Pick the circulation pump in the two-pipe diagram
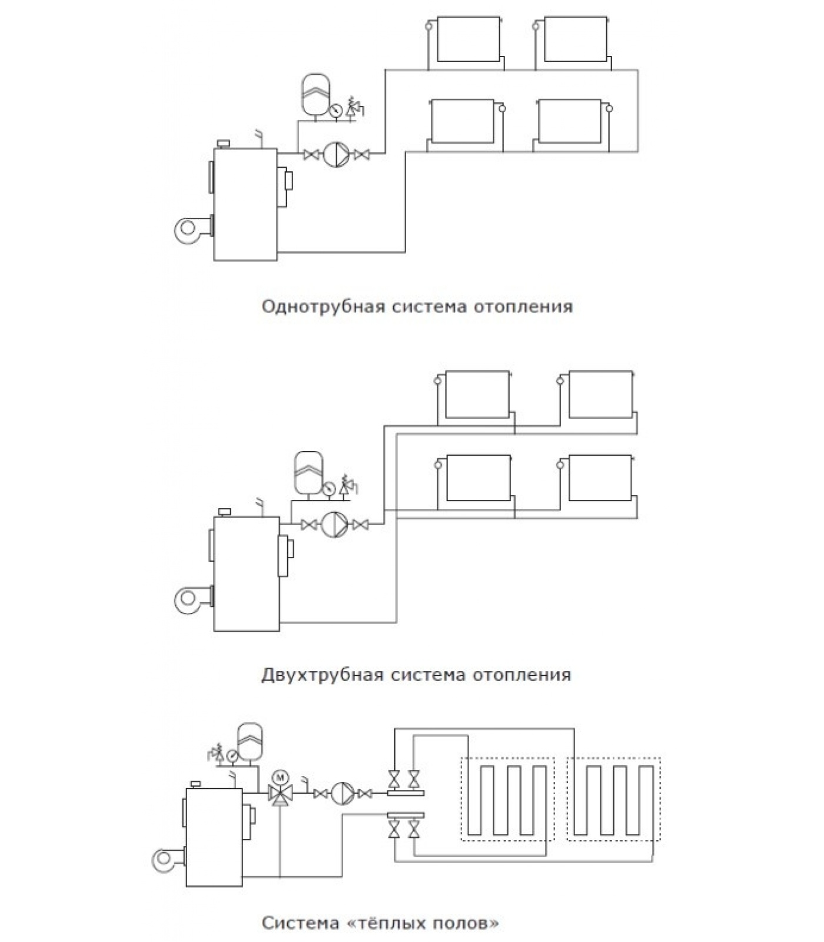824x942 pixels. [334, 524]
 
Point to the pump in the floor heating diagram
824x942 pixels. [342, 794]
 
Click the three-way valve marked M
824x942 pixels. [280, 791]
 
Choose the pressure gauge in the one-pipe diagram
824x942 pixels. [337, 110]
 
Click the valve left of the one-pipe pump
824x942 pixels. [311, 155]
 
